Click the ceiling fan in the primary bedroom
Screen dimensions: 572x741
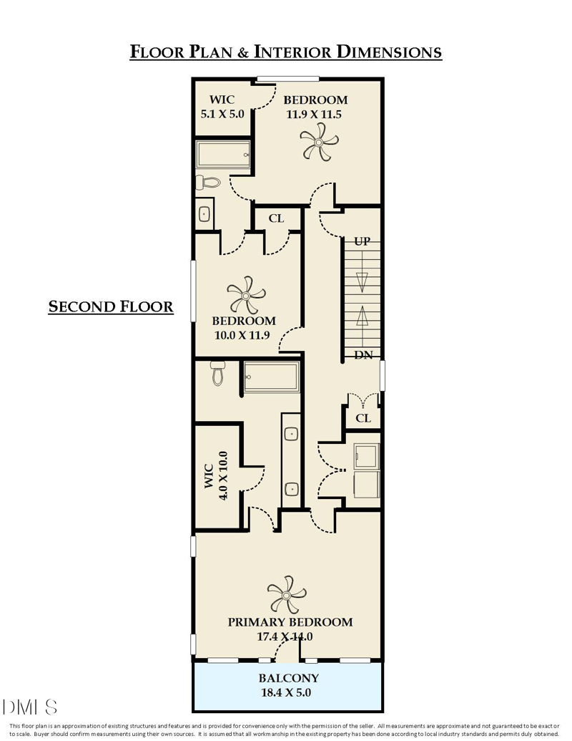click(287, 594)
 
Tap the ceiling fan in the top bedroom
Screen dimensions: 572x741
click(319, 142)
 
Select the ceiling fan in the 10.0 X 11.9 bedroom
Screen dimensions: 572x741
click(246, 296)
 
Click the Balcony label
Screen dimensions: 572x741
click(288, 678)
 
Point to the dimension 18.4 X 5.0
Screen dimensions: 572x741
click(286, 693)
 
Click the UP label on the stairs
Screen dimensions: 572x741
click(362, 241)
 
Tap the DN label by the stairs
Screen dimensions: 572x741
click(363, 355)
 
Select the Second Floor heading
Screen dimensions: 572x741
click(111, 306)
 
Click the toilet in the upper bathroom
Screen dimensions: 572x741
click(207, 182)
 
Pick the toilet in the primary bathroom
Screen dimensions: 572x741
click(217, 374)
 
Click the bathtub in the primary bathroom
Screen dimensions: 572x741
click(272, 377)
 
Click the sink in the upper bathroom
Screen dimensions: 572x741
click(204, 214)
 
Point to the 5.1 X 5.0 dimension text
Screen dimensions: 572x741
click(222, 114)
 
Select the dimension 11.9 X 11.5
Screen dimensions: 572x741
click(314, 115)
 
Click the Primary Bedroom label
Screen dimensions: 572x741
click(290, 622)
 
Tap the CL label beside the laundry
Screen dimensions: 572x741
click(363, 418)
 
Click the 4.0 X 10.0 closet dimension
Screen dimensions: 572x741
click(223, 475)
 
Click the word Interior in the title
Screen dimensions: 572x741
click(292, 52)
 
